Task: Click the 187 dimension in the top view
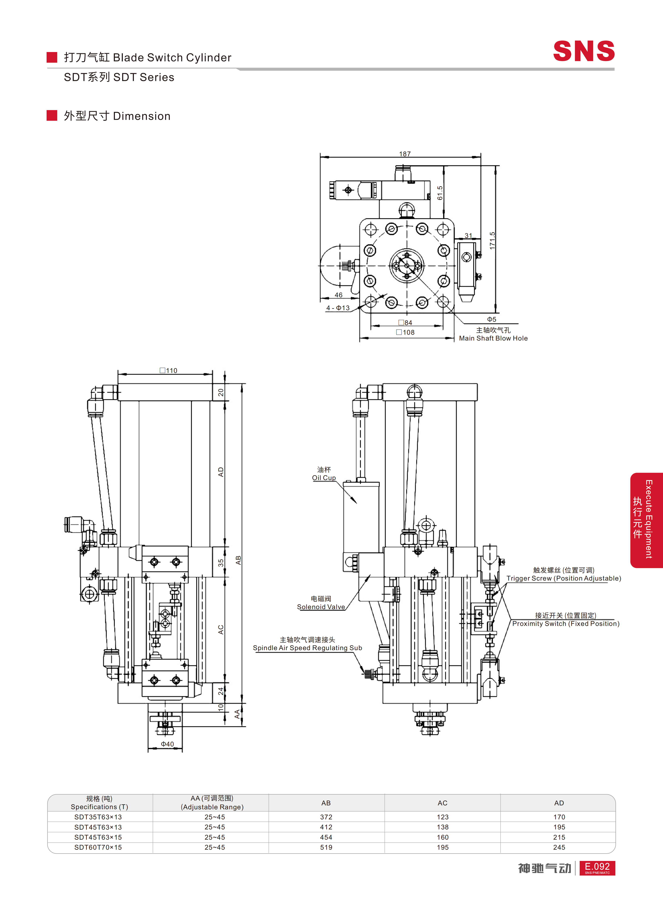coord(405,154)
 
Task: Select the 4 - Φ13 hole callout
coord(338,308)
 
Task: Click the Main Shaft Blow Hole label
coord(493,338)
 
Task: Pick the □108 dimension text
coord(405,332)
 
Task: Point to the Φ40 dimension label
coord(167,744)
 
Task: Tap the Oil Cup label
coord(324,478)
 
